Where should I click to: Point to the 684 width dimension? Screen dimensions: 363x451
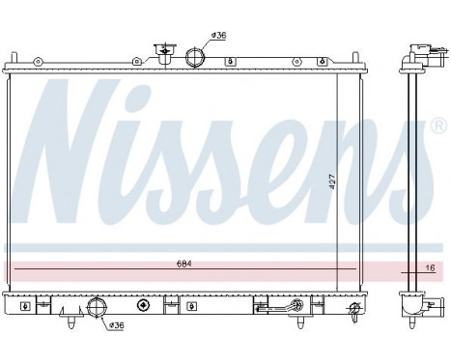183,265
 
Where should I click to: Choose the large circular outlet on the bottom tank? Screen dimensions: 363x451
96,309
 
